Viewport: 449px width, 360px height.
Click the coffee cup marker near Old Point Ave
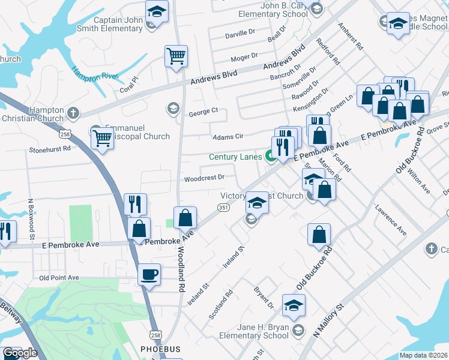click(149, 275)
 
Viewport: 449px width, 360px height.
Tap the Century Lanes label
click(235, 157)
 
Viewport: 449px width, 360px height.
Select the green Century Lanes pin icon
click(271, 158)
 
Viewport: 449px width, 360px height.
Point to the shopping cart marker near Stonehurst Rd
click(102, 139)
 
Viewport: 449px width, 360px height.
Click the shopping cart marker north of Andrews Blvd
click(176, 56)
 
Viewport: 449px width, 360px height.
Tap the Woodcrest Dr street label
click(204, 178)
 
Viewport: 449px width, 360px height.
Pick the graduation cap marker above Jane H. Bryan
click(294, 306)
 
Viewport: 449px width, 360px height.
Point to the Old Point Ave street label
click(59, 278)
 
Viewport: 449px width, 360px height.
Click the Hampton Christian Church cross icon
click(73, 113)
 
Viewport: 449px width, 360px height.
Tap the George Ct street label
click(203, 112)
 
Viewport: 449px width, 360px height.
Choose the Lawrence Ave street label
click(391, 221)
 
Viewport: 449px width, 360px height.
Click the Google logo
click(20, 353)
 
